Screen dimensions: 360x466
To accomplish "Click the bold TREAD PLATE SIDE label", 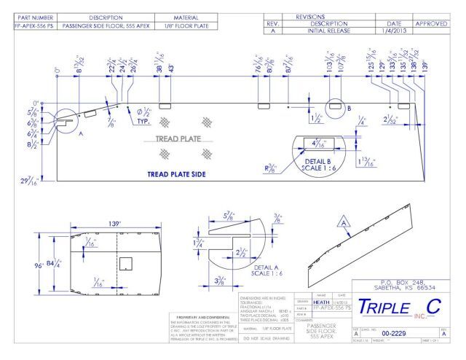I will click(x=175, y=174).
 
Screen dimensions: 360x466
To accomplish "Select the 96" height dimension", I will click(x=38, y=265).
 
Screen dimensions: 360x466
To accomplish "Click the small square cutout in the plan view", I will click(x=125, y=262).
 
